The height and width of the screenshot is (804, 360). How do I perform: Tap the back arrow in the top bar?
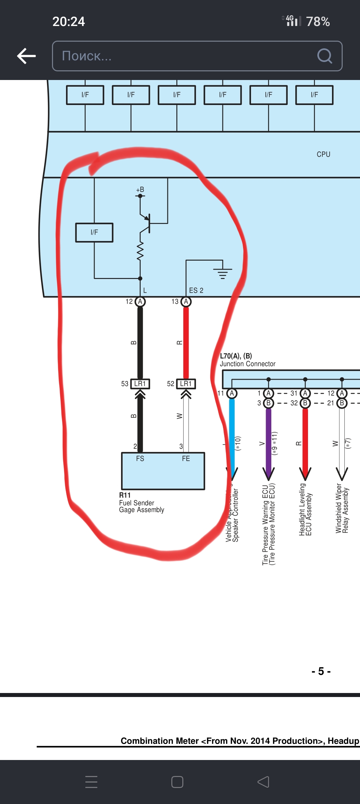point(26,56)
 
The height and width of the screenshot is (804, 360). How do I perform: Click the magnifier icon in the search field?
point(324,56)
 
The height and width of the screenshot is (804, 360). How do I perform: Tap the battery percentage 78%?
point(318,22)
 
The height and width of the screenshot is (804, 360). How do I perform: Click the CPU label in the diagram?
point(323,154)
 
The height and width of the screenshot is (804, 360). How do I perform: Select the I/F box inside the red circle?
point(94,232)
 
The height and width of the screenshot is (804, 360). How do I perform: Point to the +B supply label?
point(140,190)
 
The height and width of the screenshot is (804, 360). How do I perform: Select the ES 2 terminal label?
point(196,290)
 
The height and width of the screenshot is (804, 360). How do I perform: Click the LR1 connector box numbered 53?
point(140,384)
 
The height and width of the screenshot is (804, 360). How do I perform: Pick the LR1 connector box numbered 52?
point(186,384)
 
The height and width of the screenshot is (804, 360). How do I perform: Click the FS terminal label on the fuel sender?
point(140,459)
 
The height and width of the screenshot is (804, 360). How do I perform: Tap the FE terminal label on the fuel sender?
point(186,459)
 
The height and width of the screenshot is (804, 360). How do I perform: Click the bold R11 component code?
point(125,495)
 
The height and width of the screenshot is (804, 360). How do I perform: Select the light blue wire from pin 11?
point(232,433)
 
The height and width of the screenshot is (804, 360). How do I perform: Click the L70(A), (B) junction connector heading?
point(236,356)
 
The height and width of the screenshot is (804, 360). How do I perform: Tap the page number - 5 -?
point(321,671)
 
